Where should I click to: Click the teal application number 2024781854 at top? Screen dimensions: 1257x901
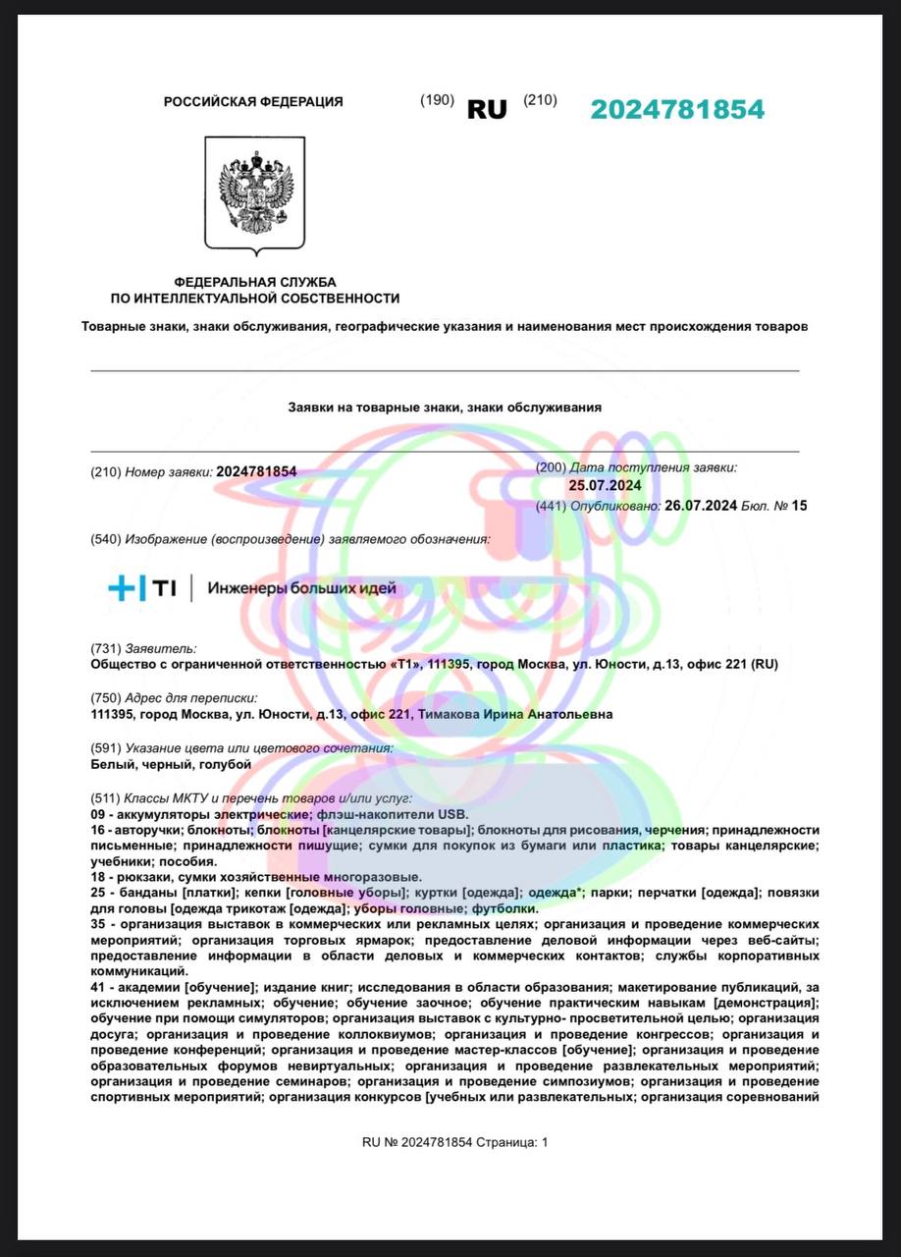pos(677,109)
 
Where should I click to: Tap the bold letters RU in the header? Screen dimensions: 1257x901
pos(487,109)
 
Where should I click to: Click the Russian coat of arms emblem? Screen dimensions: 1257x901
pos(255,193)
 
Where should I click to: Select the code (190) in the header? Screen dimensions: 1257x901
pos(437,100)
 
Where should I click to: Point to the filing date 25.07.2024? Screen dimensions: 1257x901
pos(605,485)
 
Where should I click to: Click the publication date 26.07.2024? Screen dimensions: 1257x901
pos(701,506)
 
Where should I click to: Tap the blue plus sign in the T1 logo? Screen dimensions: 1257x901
pos(122,588)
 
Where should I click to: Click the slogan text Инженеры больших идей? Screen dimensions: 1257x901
pos(301,588)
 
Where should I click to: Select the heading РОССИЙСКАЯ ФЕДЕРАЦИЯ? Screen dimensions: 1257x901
pos(253,101)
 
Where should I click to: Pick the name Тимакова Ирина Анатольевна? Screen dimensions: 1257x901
pos(515,714)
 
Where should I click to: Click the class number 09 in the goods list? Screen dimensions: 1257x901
pos(97,814)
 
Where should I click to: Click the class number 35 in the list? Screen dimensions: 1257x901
pos(97,924)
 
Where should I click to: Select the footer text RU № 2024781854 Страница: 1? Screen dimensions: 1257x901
pos(455,1142)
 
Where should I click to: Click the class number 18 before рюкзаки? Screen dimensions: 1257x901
pos(97,877)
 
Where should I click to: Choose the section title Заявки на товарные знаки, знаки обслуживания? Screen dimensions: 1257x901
pos(444,407)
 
